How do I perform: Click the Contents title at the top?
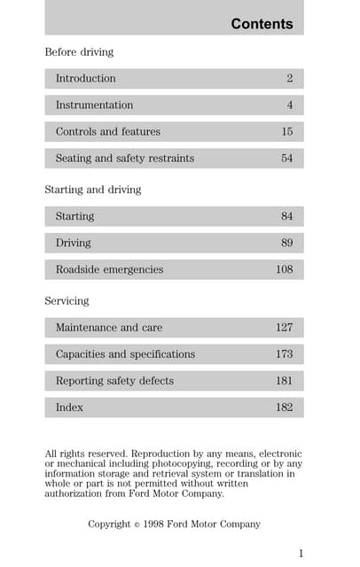tap(262, 24)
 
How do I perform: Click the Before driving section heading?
tap(79, 52)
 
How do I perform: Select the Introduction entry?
tap(85, 79)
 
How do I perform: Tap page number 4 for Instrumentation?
tap(289, 105)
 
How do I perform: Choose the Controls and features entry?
tap(108, 132)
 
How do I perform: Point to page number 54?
tap(286, 159)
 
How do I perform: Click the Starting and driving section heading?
tap(93, 190)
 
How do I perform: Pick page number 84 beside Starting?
tap(286, 216)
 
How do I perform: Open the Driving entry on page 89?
tap(73, 243)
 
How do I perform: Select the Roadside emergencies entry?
tap(109, 269)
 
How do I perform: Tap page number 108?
tap(284, 269)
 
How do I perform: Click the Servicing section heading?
tap(67, 301)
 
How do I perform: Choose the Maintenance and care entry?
tap(109, 328)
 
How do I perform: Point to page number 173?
tap(284, 354)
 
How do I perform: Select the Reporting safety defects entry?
tap(114, 381)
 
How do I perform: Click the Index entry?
tap(69, 408)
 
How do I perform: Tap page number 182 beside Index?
tap(284, 408)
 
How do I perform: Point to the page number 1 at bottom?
tap(301, 554)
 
